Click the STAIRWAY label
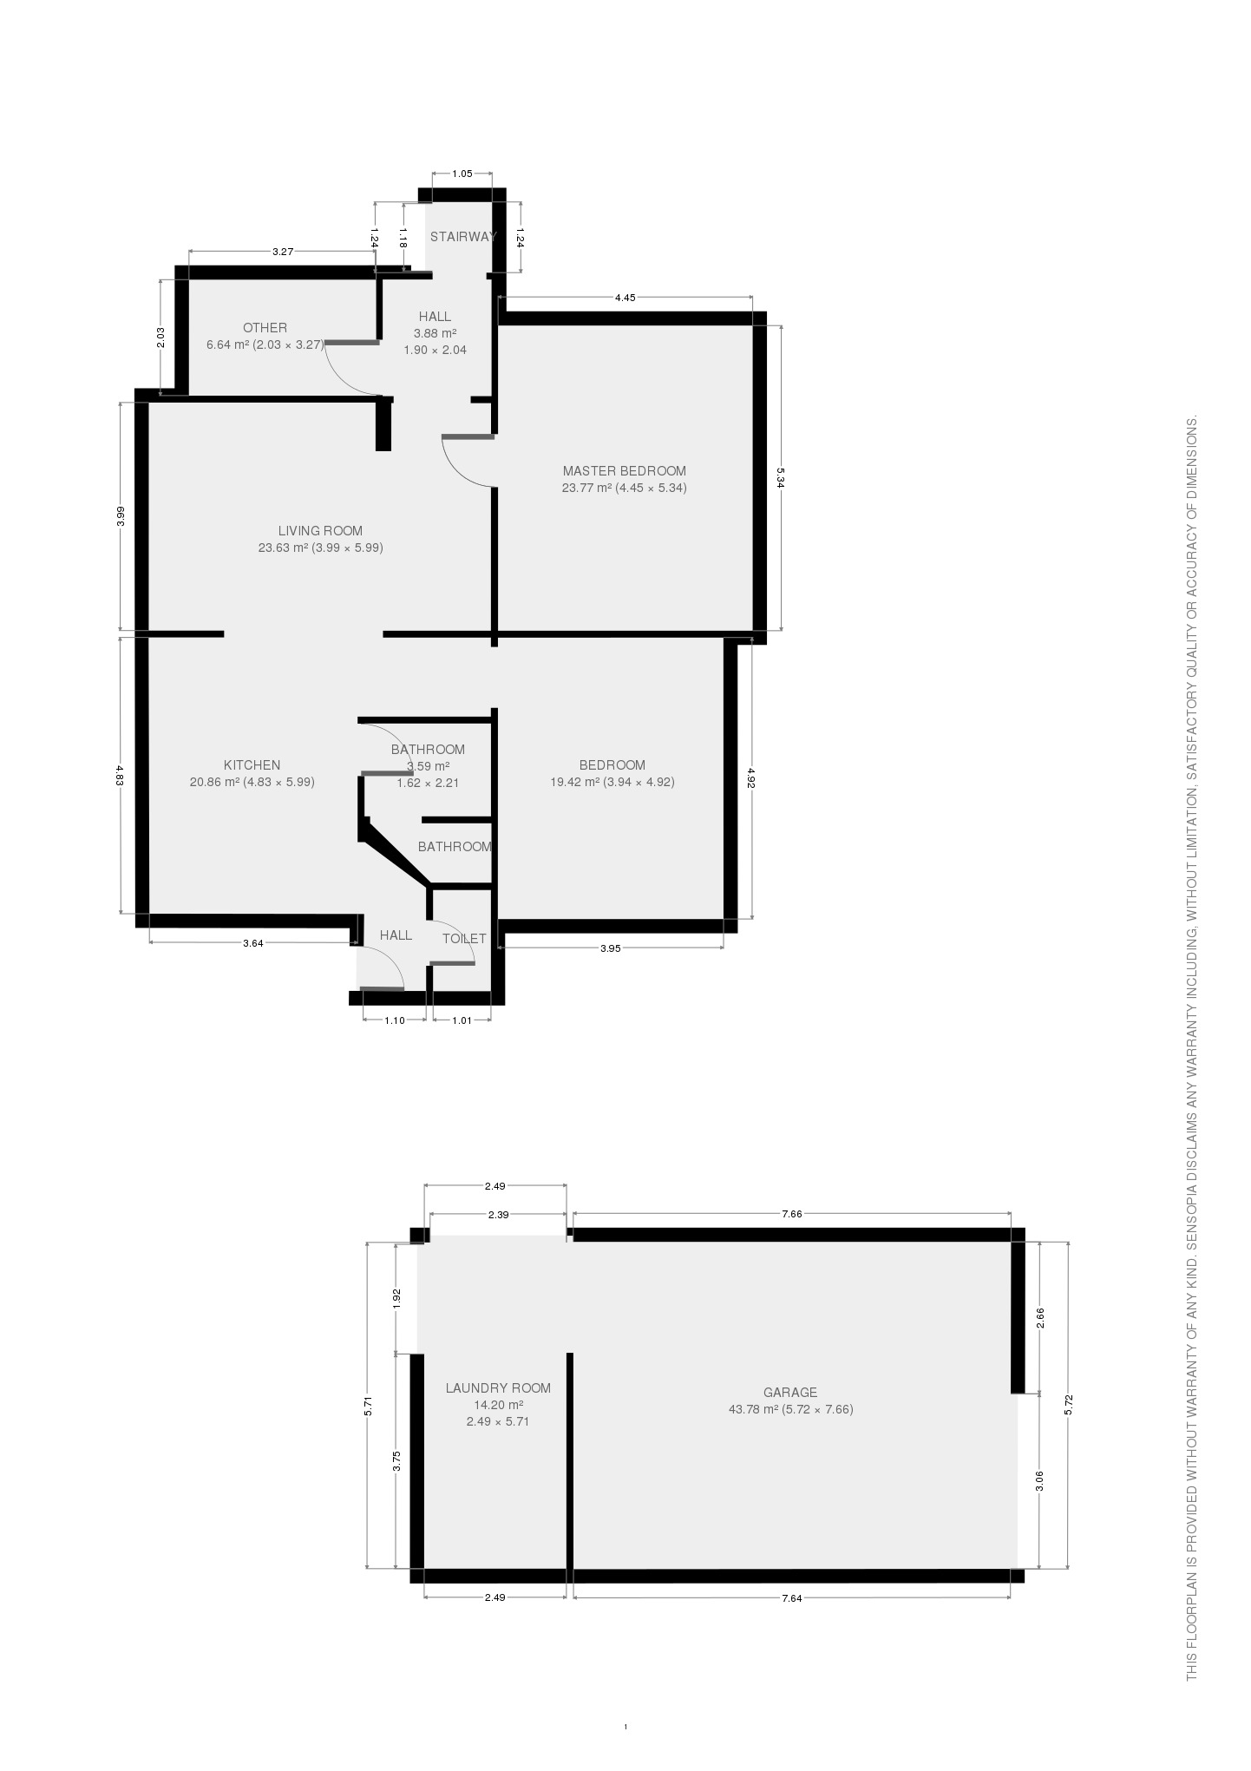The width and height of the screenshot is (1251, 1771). pos(463,237)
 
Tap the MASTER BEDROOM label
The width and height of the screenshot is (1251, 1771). pos(624,471)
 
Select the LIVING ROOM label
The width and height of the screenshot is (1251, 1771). pos(320,531)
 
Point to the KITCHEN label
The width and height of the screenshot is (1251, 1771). pos(252,765)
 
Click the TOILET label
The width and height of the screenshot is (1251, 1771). pos(464,939)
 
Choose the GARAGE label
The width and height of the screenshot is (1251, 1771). pos(790,1393)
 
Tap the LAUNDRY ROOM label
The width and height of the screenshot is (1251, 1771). pos(498,1388)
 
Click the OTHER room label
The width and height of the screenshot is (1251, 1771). pos(265,328)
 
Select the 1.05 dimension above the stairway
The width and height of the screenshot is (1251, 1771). pos(462,174)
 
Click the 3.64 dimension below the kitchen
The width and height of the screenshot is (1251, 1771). pos(252,943)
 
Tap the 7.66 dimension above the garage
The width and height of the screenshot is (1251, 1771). pos(791,1215)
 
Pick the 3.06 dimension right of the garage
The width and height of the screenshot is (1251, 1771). pos(1040,1481)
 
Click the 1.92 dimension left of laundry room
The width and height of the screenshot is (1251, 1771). pos(396,1298)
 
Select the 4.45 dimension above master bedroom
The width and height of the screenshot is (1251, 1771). pos(625,298)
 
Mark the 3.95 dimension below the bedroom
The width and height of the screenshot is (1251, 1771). pos(611,948)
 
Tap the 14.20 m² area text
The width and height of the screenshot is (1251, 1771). pos(498,1405)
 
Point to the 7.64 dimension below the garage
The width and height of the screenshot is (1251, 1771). pos(791,1598)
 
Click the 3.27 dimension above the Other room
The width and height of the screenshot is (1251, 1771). pos(283,252)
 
